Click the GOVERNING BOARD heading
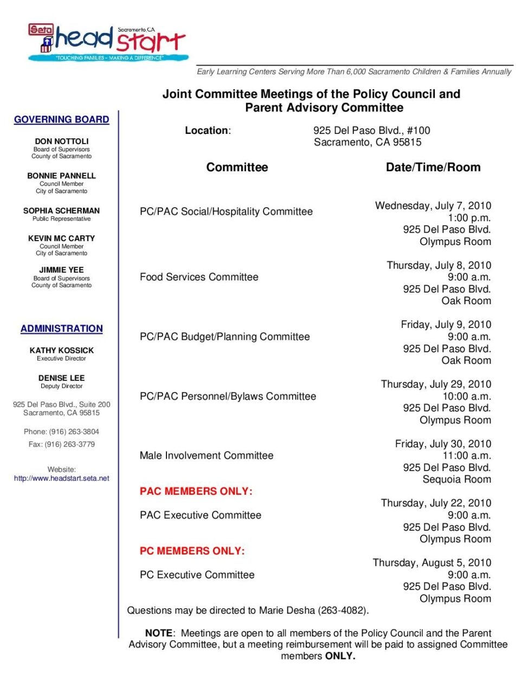click(61, 119)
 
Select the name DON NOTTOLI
click(61, 141)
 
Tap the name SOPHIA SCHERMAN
click(61, 210)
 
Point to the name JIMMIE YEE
click(61, 269)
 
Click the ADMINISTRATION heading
click(61, 328)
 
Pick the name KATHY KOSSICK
click(61, 350)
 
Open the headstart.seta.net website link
click(61, 478)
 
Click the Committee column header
click(237, 167)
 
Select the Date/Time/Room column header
click(433, 167)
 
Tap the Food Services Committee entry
click(199, 277)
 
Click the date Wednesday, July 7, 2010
click(433, 205)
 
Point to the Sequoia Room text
click(456, 479)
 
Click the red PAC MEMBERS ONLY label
click(196, 491)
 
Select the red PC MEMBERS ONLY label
click(192, 551)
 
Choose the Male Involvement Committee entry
click(206, 455)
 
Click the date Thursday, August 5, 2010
click(432, 563)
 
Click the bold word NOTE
click(158, 633)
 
